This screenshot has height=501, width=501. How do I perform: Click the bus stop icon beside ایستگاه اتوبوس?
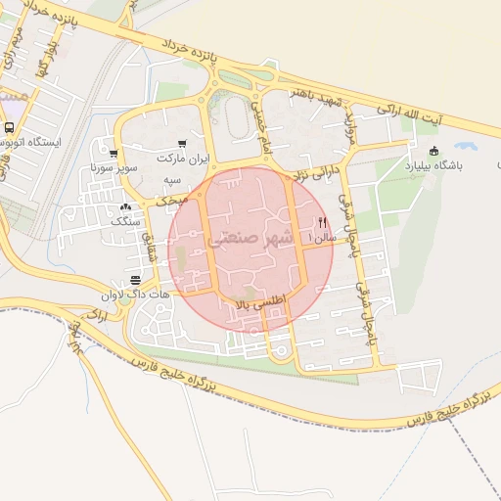tap(9, 128)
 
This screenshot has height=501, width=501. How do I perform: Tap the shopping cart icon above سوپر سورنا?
tap(114, 154)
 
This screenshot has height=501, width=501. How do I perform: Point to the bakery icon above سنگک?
tap(124, 207)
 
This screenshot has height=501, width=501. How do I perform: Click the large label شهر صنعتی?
tap(250, 238)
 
